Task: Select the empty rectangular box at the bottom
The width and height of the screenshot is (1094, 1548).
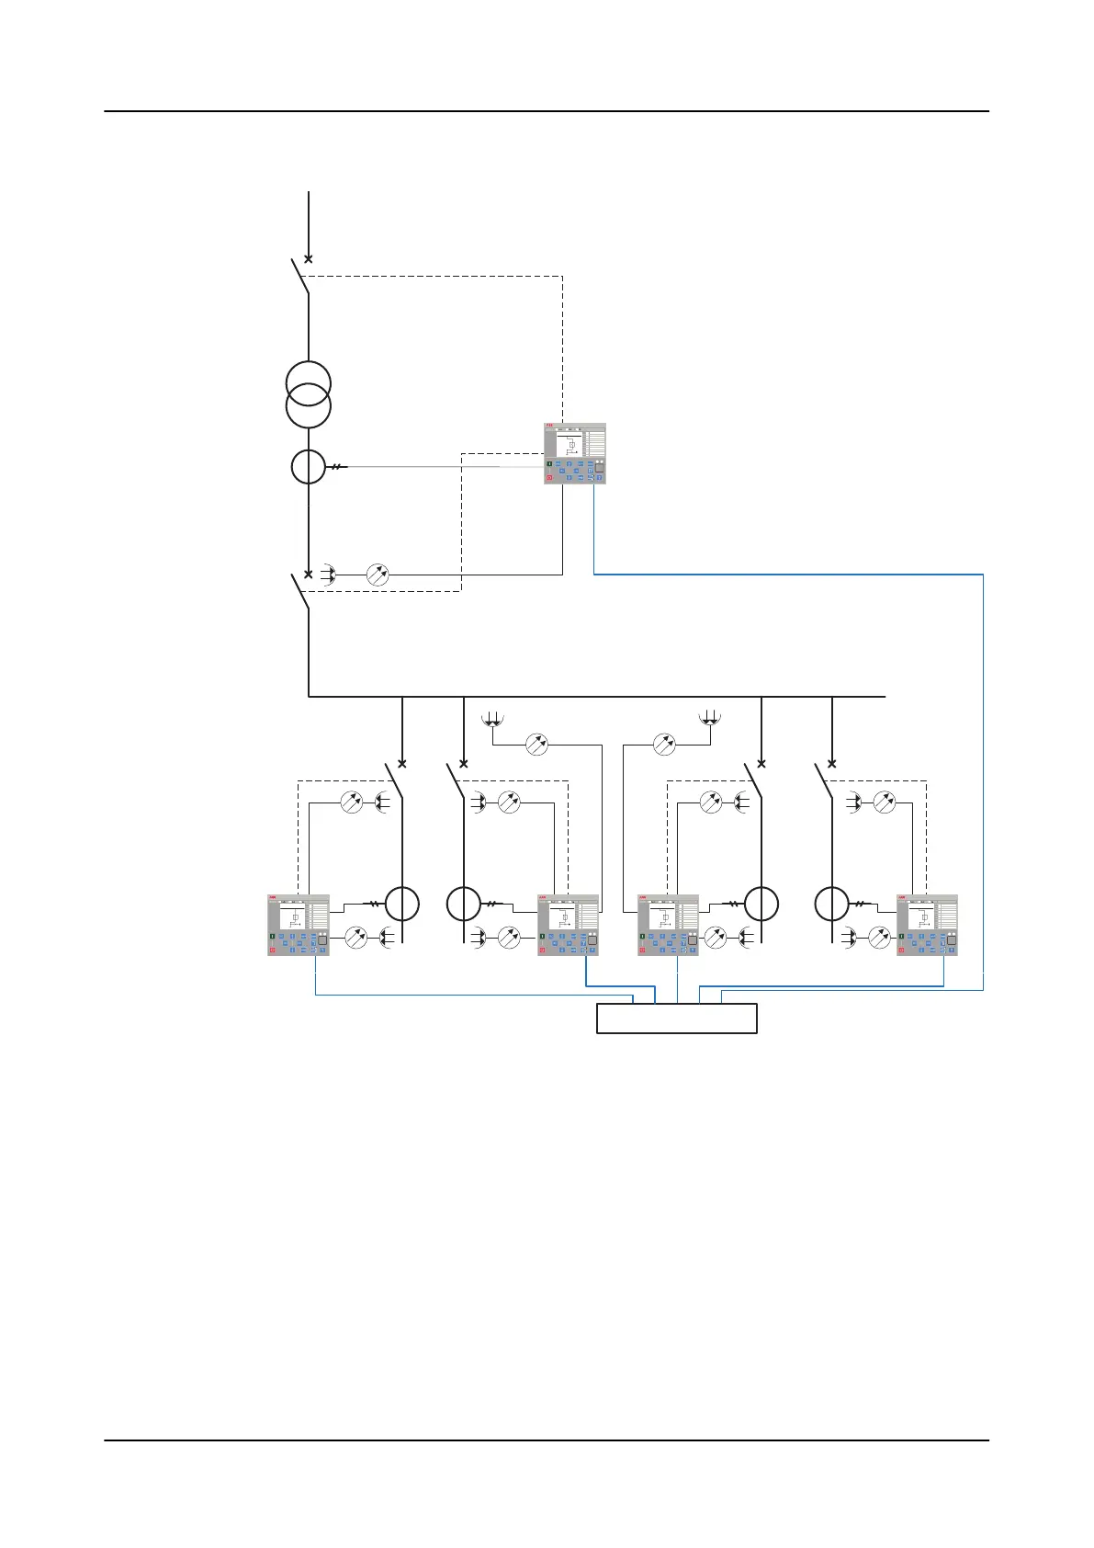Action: [x=677, y=1019]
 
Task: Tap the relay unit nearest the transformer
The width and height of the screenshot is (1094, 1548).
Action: [x=575, y=453]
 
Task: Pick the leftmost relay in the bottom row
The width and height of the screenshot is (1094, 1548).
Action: [x=299, y=925]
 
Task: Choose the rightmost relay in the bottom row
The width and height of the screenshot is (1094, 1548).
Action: [x=927, y=925]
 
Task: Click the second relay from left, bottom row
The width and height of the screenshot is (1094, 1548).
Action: [x=568, y=925]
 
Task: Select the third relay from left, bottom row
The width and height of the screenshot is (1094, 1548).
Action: [x=668, y=925]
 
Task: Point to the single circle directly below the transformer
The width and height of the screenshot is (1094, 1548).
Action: [x=308, y=467]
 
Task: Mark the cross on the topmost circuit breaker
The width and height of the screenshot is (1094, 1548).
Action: [x=309, y=259]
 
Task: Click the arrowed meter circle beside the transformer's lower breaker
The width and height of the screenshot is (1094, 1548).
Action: [x=378, y=575]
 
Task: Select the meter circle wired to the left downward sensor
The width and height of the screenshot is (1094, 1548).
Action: [x=536, y=744]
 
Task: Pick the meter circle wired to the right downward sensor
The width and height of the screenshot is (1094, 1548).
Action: [x=664, y=744]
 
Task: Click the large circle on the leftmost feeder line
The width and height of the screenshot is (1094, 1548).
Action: [x=402, y=904]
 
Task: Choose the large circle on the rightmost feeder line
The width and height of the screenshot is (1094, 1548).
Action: [x=832, y=904]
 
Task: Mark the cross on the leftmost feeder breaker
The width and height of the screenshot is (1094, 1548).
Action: [x=401, y=763]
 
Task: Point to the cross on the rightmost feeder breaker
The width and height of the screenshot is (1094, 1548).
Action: [x=832, y=763]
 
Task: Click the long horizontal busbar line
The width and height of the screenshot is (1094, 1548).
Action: [x=597, y=697]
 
